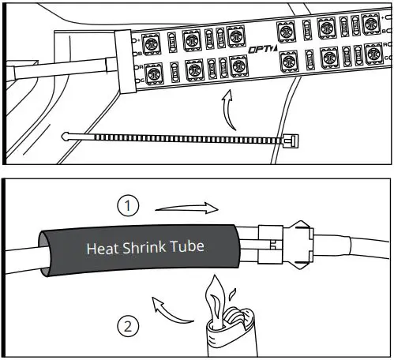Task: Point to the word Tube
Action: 187,246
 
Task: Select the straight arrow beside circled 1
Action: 185,208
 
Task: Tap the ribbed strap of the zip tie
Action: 182,138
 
